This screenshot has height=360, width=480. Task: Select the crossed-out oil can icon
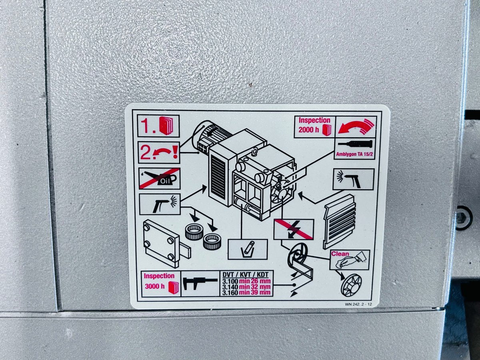(160, 179)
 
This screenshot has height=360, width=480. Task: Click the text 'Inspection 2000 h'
(314, 125)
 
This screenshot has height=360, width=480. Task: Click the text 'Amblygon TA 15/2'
(354, 154)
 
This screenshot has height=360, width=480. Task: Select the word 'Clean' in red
(340, 254)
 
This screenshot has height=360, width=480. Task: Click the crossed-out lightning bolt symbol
(294, 229)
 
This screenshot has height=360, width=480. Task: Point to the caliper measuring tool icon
(200, 283)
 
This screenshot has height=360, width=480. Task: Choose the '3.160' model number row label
(230, 293)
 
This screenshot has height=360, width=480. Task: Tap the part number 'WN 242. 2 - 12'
(358, 304)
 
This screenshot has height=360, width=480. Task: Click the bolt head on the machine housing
(461, 218)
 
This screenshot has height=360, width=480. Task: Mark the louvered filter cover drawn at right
(339, 221)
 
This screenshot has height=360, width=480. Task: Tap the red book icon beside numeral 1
(166, 125)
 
